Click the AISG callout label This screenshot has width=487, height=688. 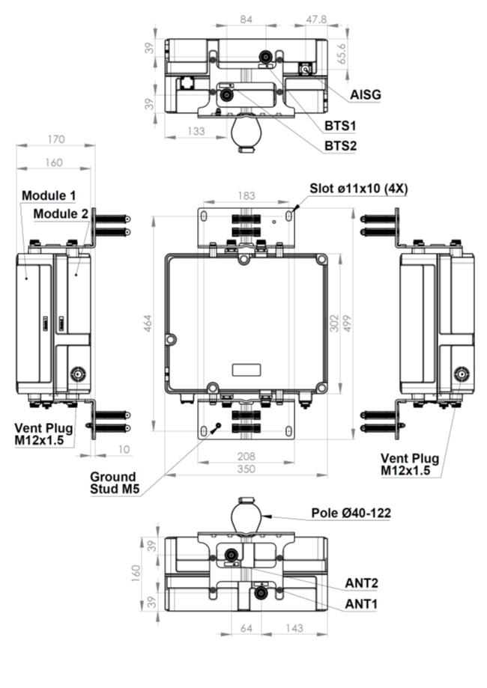(366, 95)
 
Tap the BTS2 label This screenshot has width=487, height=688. (340, 145)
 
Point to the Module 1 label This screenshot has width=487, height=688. (49, 195)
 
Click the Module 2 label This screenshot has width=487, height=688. (61, 214)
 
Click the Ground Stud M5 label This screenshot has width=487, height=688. (113, 483)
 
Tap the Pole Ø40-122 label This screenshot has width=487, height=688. (351, 514)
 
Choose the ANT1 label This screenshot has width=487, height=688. (361, 603)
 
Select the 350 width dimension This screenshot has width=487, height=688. (246, 469)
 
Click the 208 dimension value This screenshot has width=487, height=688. (246, 455)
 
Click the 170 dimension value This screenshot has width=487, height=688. (55, 139)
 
